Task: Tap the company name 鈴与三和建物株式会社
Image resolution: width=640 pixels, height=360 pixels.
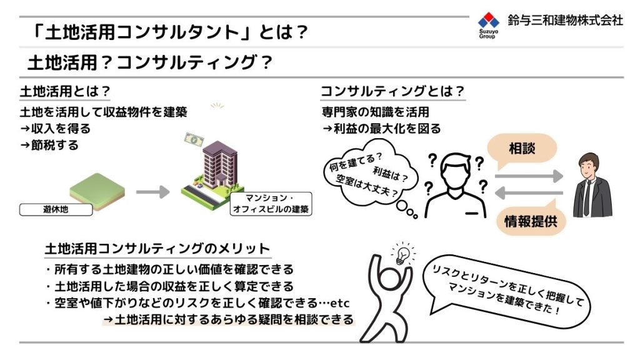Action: pyautogui.click(x=565, y=20)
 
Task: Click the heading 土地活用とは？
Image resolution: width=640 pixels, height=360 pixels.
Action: pyautogui.click(x=65, y=91)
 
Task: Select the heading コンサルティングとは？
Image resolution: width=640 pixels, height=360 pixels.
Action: pyautogui.click(x=392, y=91)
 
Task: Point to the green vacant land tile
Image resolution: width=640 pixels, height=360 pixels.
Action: pyautogui.click(x=97, y=191)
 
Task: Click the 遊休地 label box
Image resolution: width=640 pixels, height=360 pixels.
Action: pyautogui.click(x=56, y=209)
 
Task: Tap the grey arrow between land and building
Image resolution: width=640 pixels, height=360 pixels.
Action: pyautogui.click(x=152, y=192)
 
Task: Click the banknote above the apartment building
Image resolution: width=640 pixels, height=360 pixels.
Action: pyautogui.click(x=194, y=139)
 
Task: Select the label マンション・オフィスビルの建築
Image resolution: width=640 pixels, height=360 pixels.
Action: pyautogui.click(x=271, y=204)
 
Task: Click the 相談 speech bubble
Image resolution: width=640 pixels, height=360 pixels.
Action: pyautogui.click(x=522, y=150)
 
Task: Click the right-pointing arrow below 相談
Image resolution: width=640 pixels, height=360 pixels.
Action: pyautogui.click(x=529, y=176)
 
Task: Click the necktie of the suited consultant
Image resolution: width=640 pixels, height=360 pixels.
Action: pyautogui.click(x=587, y=197)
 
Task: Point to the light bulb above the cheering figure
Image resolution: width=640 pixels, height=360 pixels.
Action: pyautogui.click(x=403, y=254)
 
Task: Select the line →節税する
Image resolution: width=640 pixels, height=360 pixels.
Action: pyautogui.click(x=49, y=145)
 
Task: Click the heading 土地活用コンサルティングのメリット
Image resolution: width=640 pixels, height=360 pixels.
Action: pyautogui.click(x=157, y=249)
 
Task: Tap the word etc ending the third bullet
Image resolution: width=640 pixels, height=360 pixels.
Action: pyautogui.click(x=339, y=303)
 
